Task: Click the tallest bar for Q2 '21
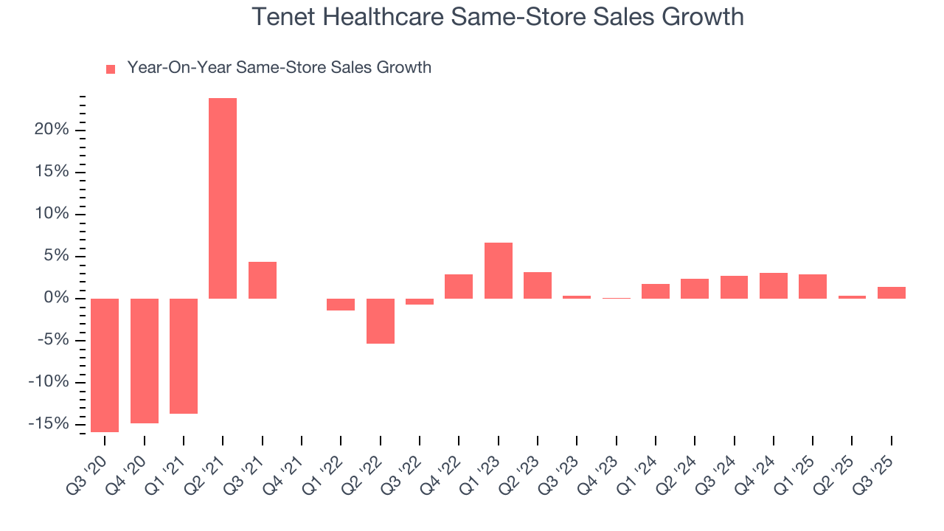[x=223, y=198]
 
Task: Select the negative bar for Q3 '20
[x=105, y=365]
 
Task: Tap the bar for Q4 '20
[x=145, y=361]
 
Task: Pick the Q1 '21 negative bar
[x=184, y=356]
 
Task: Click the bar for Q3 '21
[x=263, y=280]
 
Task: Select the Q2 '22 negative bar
[x=381, y=321]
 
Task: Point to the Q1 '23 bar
[x=499, y=271]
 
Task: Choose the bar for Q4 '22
[x=459, y=286]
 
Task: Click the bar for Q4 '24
[x=774, y=285]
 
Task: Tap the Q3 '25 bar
[x=892, y=293]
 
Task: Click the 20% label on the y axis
[x=52, y=130]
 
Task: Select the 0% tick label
[x=57, y=298]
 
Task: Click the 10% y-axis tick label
[x=52, y=214]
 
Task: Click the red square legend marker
[x=111, y=69]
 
